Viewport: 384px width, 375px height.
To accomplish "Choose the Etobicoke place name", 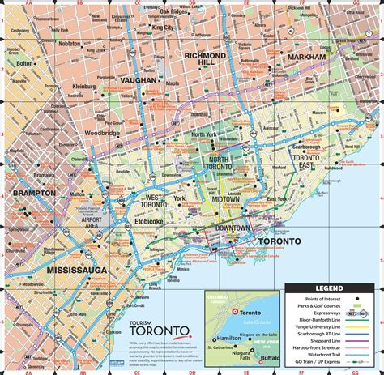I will click(148, 219).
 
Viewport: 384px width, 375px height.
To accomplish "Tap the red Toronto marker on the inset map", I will click(235, 312).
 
